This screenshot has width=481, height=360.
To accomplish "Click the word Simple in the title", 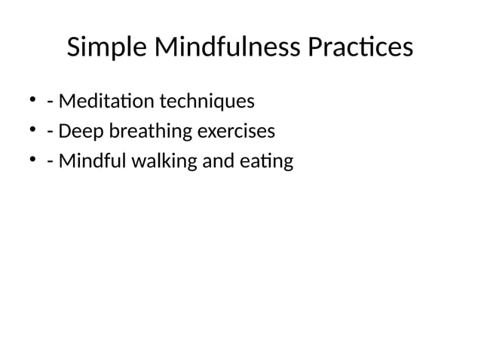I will (107, 48).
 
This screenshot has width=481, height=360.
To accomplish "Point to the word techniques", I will (206, 101).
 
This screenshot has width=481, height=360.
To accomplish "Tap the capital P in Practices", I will (315, 48).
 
